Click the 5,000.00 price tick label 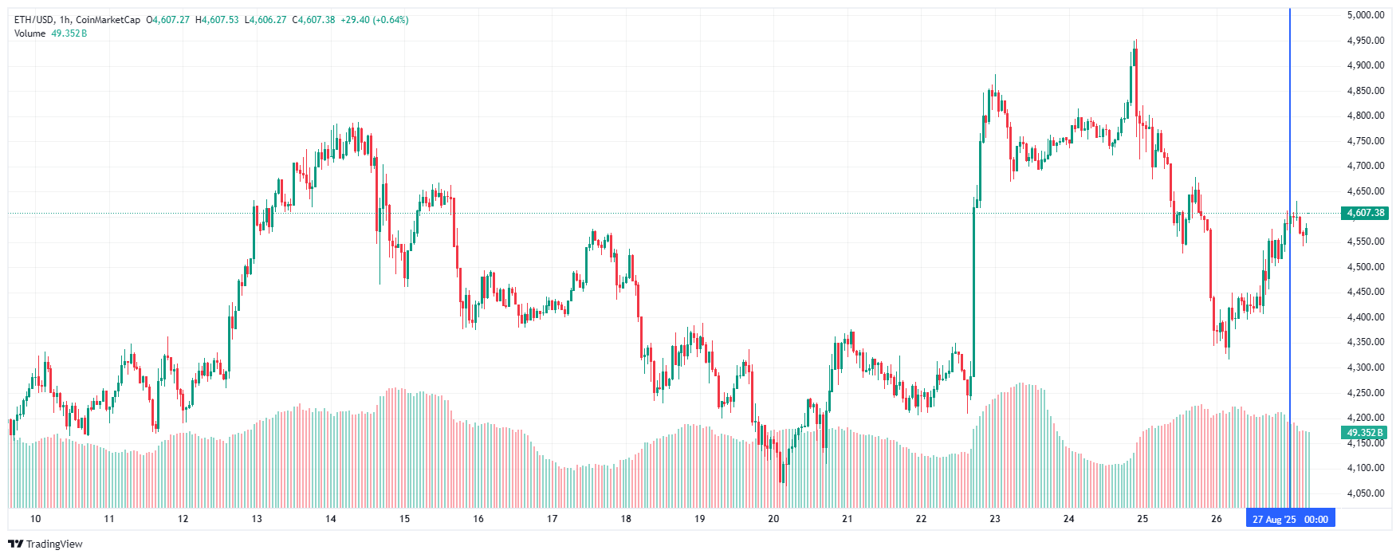coord(1365,15)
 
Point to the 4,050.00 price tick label coord(1365,493)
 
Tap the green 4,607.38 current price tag coord(1365,213)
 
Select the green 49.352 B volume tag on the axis coord(1365,433)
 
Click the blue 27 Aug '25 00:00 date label coord(1290,519)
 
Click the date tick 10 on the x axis coord(35,519)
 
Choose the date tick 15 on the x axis coord(404,519)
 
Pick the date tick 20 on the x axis coord(773,519)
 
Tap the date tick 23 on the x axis coord(995,519)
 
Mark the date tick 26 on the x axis coord(1216,519)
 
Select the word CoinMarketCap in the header coord(108,20)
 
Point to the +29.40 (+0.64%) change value coord(374,20)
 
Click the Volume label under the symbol coord(29,33)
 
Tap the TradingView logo coord(45,544)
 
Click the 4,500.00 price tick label coord(1365,267)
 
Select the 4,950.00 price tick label coord(1365,41)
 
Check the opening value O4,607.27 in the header coord(167,20)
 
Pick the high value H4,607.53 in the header coord(217,20)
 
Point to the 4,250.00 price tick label coord(1365,393)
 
